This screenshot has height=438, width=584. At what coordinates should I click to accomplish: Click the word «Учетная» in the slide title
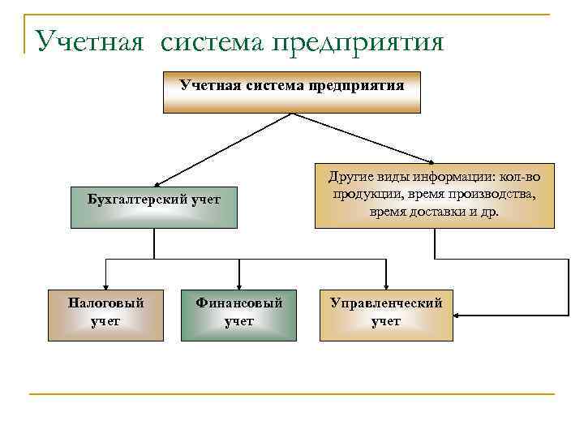89,41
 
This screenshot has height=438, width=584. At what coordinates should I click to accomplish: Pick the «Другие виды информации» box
434,195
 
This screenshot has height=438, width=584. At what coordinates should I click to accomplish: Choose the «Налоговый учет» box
105,312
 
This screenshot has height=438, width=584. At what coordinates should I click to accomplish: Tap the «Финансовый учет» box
238,312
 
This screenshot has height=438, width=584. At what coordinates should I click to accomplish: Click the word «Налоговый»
106,303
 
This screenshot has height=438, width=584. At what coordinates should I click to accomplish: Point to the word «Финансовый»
239,303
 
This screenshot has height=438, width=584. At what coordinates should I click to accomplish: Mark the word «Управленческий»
386,303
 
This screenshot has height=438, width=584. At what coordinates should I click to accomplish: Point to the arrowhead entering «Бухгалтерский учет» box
159,184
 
